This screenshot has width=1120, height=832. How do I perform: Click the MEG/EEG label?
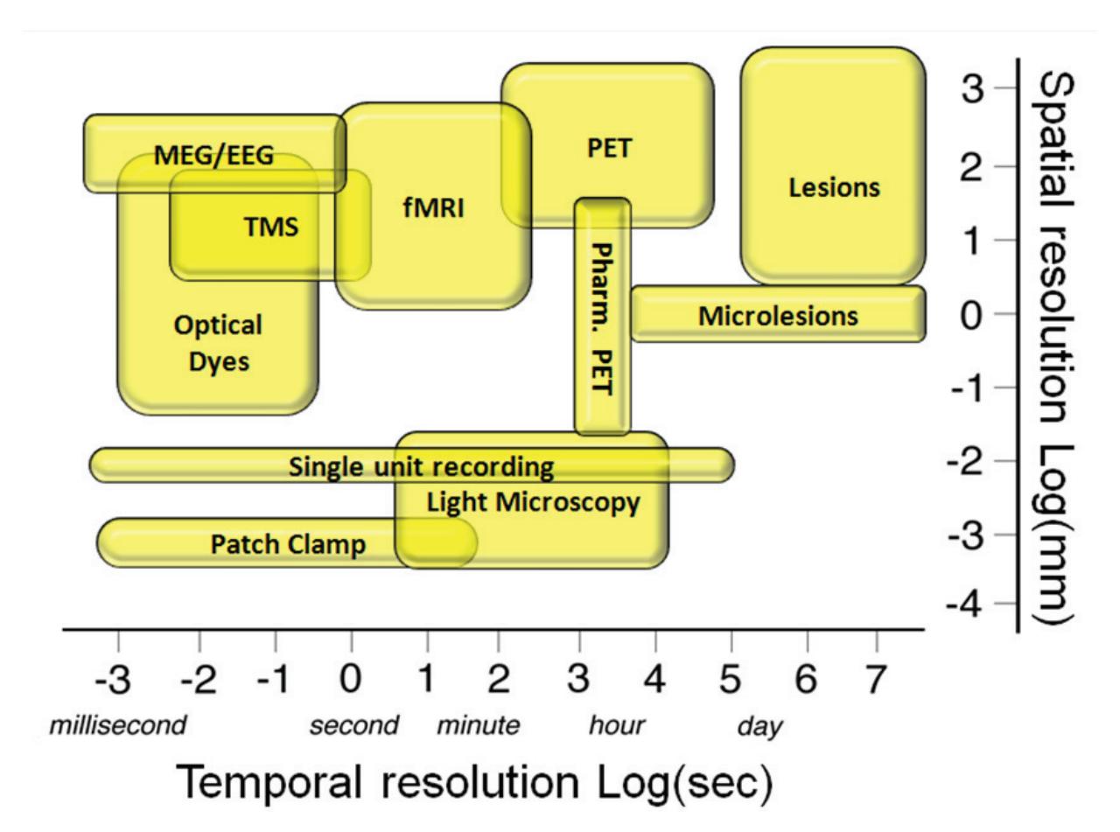click(x=213, y=156)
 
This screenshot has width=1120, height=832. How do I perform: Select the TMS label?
click(x=270, y=227)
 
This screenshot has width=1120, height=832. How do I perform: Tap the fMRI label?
click(x=434, y=208)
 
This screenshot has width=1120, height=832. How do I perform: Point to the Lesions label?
click(x=834, y=187)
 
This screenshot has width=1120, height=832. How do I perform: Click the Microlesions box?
click(x=778, y=316)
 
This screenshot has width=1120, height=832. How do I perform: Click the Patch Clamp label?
click(x=288, y=545)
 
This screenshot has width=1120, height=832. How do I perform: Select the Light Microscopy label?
click(x=533, y=503)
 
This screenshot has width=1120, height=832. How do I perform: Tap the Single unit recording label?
click(x=421, y=467)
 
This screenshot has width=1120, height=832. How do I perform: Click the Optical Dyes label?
click(x=218, y=343)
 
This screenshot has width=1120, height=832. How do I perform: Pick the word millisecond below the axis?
click(x=117, y=725)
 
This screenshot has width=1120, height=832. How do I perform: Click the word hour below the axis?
click(x=617, y=725)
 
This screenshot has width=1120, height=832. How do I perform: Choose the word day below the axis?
click(x=759, y=726)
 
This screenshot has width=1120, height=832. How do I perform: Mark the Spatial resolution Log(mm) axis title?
click(x=1057, y=348)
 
